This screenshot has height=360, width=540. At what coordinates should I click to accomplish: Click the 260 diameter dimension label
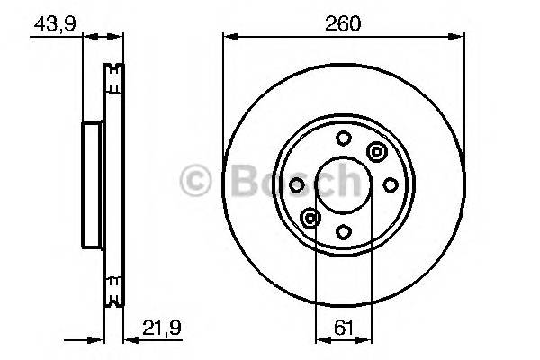[x=344, y=24]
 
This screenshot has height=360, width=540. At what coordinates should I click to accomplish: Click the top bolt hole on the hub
[x=344, y=139]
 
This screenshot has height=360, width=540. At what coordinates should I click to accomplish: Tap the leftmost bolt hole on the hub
[x=298, y=184]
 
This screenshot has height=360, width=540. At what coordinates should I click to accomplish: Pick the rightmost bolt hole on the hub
[x=390, y=184]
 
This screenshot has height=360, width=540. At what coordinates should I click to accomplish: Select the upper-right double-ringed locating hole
[x=376, y=152]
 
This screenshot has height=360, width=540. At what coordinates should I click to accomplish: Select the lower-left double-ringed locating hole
[x=311, y=217]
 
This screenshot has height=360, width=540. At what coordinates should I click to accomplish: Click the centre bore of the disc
[x=344, y=184]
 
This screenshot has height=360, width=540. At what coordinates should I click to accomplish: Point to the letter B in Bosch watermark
[x=237, y=183]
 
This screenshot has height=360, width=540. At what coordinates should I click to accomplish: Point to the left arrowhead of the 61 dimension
[x=319, y=340]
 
